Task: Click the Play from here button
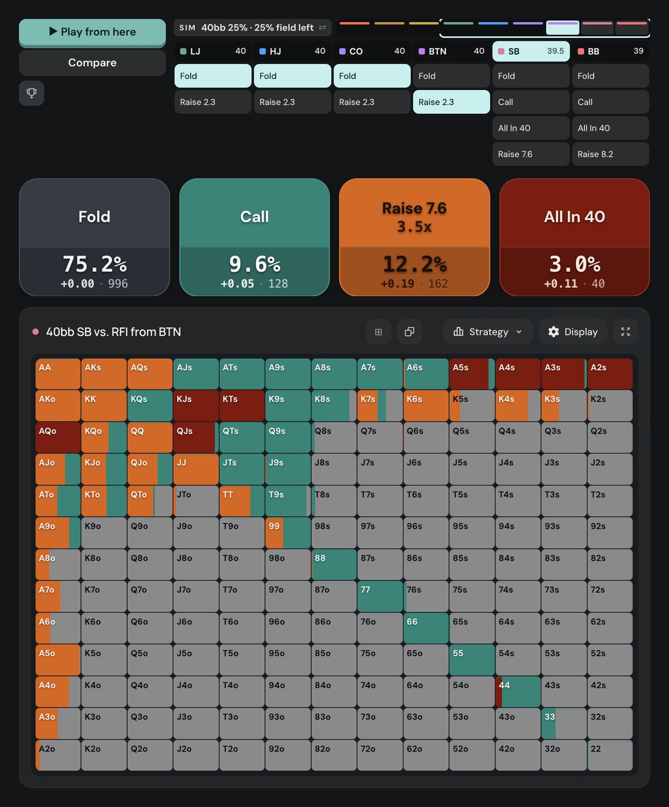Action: point(93,32)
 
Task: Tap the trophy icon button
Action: point(32,93)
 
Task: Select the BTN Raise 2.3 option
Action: point(452,102)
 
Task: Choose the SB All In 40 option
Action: point(531,128)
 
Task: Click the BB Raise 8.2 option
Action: point(610,154)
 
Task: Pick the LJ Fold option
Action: point(213,76)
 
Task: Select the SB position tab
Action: point(531,51)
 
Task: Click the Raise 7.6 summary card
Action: point(414,237)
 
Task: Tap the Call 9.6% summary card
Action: point(254,237)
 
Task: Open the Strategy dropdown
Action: point(488,332)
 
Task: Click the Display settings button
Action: point(573,332)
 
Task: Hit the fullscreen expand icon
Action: point(626,332)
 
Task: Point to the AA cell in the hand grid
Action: point(58,374)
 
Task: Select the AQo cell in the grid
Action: point(58,437)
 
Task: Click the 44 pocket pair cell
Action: point(518,692)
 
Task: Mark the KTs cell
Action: point(242,405)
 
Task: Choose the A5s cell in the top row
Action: point(472,374)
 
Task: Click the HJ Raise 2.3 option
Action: point(292,102)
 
